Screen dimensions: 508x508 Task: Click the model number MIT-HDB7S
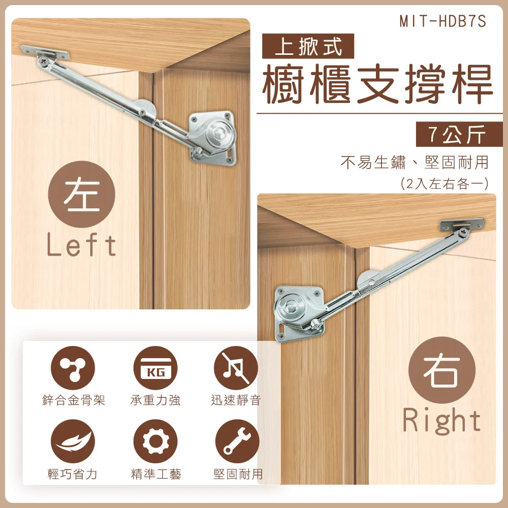[x=442, y=22]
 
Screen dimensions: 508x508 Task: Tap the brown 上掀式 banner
[x=308, y=48]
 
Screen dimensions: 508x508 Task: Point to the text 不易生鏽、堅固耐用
[x=414, y=162]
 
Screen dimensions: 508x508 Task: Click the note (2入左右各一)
[x=444, y=183]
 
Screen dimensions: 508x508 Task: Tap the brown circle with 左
[x=82, y=195]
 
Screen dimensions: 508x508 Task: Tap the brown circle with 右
[x=442, y=370]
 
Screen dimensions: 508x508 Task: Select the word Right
[x=442, y=421]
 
